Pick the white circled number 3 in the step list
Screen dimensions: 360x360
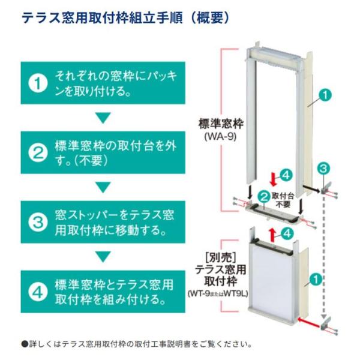[x=38, y=223]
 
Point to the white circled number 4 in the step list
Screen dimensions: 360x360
[x=38, y=292]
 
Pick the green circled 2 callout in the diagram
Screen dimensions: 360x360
[x=263, y=196]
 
